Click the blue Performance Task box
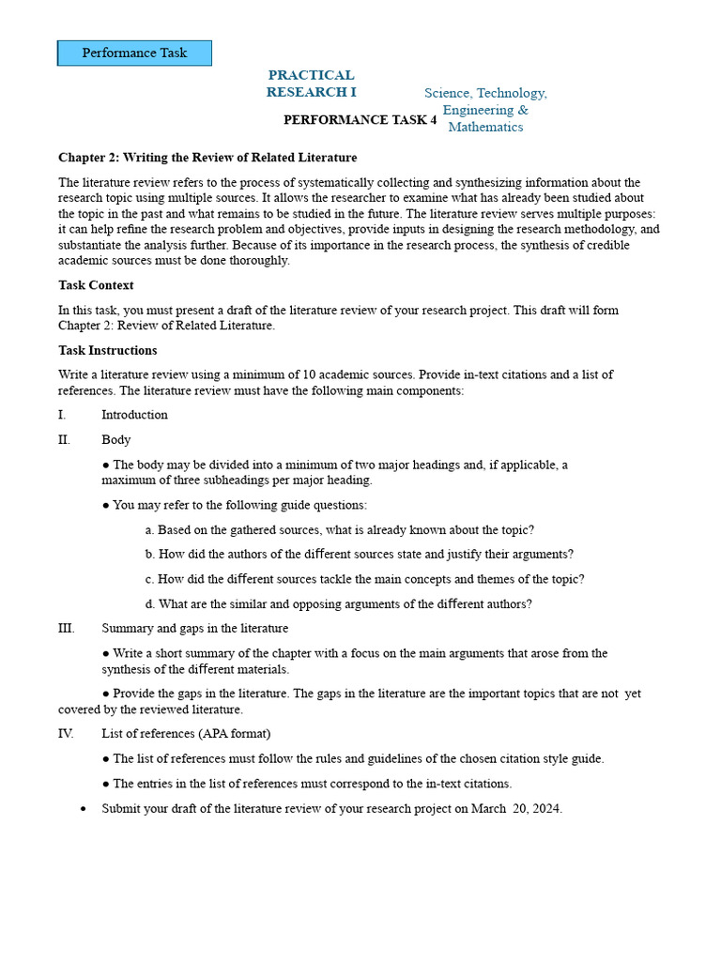pyautogui.click(x=134, y=53)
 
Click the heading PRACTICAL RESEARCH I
pyautogui.click(x=311, y=84)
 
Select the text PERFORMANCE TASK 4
pyautogui.click(x=360, y=120)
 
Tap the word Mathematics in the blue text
pyautogui.click(x=485, y=127)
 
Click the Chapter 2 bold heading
pyautogui.click(x=207, y=158)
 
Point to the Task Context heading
pyautogui.click(x=96, y=285)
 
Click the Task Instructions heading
pyautogui.click(x=107, y=351)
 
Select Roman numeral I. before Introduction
pyautogui.click(x=62, y=415)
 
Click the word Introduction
pyautogui.click(x=134, y=415)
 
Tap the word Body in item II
pyautogui.click(x=116, y=439)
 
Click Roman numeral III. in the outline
pyautogui.click(x=65, y=628)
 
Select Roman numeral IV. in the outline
pyautogui.click(x=65, y=733)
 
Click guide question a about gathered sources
pyautogui.click(x=340, y=529)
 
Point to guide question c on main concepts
pyautogui.click(x=365, y=579)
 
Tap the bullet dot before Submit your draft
pyautogui.click(x=84, y=808)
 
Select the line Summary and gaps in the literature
pyautogui.click(x=194, y=628)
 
